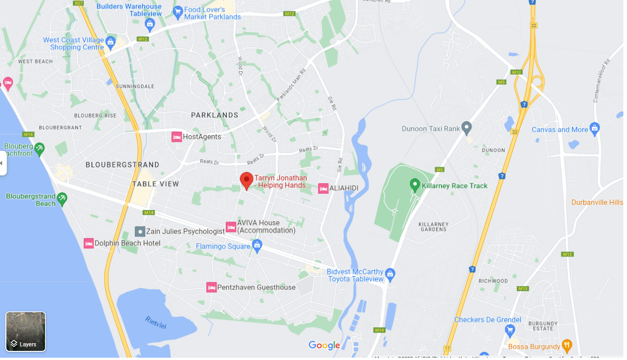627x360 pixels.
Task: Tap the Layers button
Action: coord(25,332)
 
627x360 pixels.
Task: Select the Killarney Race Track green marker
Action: coord(415,185)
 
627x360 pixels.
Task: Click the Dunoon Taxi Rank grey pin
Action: coord(466,128)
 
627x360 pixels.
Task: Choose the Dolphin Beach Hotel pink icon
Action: coord(89,243)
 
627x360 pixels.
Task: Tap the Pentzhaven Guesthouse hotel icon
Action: coord(211,288)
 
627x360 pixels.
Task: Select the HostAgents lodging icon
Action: coord(177,137)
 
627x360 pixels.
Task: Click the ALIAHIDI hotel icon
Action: coord(323,188)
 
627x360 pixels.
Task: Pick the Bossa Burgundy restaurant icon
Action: coord(566,345)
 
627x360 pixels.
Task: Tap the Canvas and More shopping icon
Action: coord(594,129)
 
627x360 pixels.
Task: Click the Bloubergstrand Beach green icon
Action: coord(62,198)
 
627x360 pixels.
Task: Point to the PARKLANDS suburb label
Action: coord(214,115)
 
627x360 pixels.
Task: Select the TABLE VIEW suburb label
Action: coord(156,184)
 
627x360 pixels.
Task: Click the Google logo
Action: coord(324,345)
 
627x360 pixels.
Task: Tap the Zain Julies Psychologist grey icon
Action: coord(140,231)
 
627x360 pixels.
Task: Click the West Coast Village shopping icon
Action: coord(110,43)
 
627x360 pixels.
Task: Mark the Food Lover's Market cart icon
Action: coord(178,12)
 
